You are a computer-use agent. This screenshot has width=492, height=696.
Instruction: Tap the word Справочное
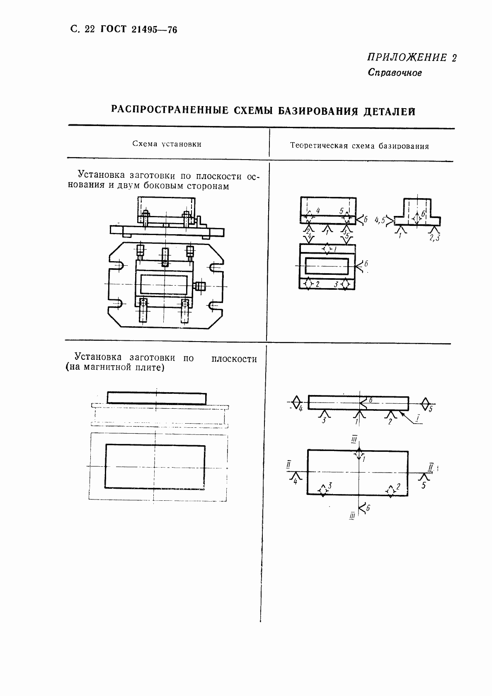(x=395, y=73)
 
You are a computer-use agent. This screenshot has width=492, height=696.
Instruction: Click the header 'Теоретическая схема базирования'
(x=359, y=146)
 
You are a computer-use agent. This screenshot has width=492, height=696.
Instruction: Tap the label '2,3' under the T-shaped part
(x=434, y=238)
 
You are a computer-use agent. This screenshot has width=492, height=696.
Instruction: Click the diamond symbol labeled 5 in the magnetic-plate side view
(x=426, y=403)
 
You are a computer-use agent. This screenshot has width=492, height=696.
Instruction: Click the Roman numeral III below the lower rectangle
(x=352, y=516)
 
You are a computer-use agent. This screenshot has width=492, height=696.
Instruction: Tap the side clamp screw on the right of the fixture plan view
(x=201, y=286)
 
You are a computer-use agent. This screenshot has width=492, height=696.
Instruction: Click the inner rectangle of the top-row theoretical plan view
(x=327, y=266)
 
